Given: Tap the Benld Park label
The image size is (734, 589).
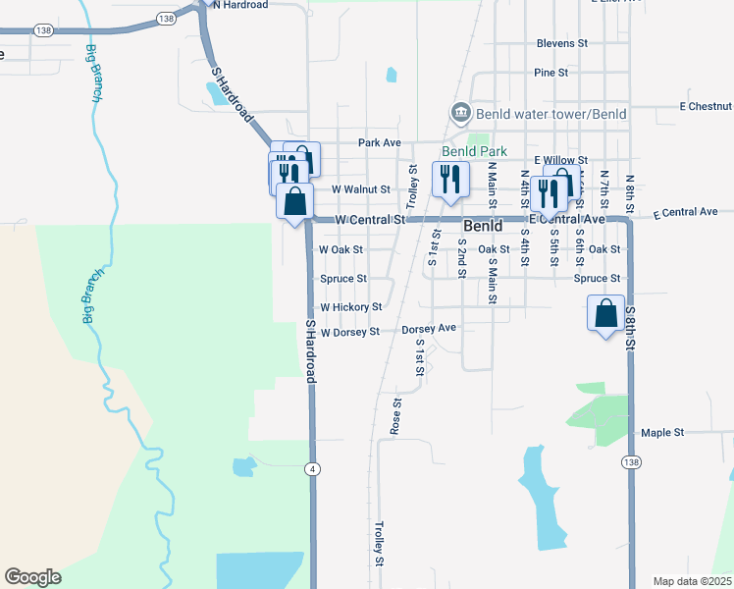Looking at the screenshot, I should (x=474, y=152).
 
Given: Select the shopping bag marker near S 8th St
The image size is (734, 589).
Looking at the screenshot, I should (x=606, y=315).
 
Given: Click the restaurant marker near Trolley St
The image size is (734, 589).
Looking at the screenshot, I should (x=450, y=181).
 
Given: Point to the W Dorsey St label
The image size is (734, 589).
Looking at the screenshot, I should (x=349, y=333).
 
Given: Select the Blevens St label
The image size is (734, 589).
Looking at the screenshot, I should (x=561, y=44).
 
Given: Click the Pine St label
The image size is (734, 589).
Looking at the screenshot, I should (x=550, y=73).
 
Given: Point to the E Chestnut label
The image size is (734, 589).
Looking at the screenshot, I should (x=705, y=106).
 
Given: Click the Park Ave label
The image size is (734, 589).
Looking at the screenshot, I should (x=380, y=142).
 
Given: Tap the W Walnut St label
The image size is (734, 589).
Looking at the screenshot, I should (x=361, y=189).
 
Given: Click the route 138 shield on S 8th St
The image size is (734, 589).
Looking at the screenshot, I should (x=629, y=461).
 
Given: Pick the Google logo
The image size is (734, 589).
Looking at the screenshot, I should (x=32, y=577).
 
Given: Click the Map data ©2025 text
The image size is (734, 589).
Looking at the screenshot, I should (x=691, y=581).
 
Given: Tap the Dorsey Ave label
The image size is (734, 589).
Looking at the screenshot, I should (x=430, y=329).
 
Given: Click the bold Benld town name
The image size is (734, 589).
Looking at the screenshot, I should (x=482, y=226).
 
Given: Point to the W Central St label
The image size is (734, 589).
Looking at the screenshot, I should (x=370, y=220).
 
